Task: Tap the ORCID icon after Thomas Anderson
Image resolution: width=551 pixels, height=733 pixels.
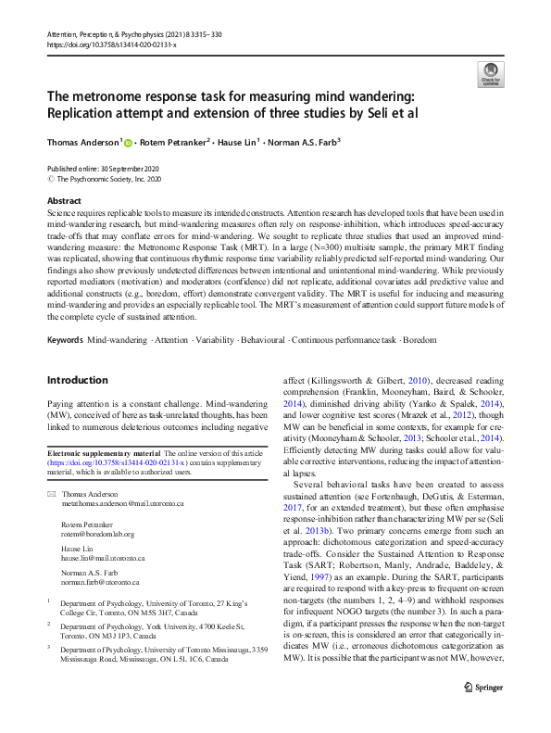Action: click(x=128, y=142)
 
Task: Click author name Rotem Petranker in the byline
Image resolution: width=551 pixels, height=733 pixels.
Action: click(x=176, y=142)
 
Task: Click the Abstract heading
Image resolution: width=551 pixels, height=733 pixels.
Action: click(x=64, y=200)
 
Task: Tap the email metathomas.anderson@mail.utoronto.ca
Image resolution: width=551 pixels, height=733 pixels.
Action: click(x=122, y=503)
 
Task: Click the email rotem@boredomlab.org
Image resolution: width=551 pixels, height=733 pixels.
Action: click(x=97, y=535)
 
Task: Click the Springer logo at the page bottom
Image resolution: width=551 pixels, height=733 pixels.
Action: click(x=482, y=714)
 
